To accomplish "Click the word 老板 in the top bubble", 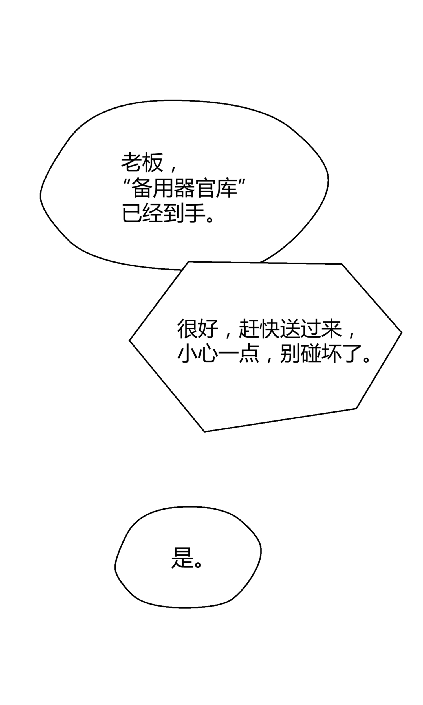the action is click(142, 162).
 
